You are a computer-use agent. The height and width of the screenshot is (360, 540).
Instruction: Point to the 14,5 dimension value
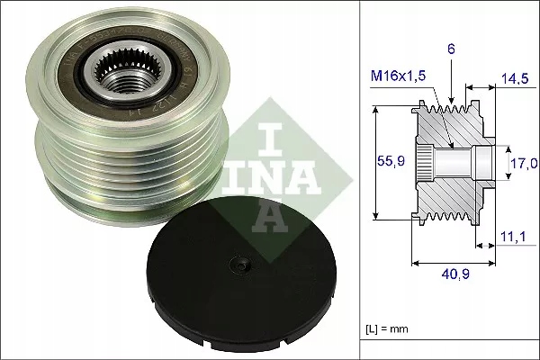click(x=515, y=79)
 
